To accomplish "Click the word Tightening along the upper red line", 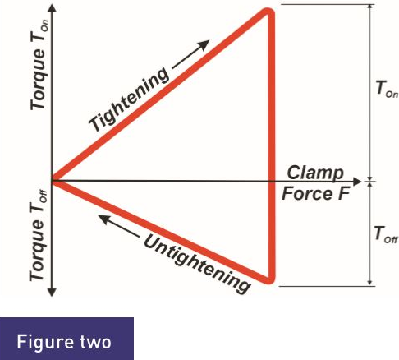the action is point(129,99).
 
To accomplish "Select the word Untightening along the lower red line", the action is point(196,264).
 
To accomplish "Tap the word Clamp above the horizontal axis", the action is point(315,173).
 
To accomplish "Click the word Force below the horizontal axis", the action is point(307,194).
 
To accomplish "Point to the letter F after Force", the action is point(344,194).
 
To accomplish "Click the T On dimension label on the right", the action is point(387,89).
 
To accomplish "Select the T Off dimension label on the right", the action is point(386,235).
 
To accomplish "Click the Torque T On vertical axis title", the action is point(39,65).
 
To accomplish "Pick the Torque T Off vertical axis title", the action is point(38,236).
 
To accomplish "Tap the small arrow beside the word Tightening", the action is point(191,54).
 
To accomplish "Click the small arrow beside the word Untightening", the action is point(119,226).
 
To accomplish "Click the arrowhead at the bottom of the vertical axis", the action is point(52,292).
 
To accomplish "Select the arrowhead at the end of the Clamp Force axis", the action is point(357,182).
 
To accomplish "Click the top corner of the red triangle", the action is point(268,12).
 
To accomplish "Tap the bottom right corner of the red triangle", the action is point(270,280).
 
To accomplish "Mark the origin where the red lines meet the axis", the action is point(53,181).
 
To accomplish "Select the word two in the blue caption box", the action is point(96,343).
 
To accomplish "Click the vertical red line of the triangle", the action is point(271,146).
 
